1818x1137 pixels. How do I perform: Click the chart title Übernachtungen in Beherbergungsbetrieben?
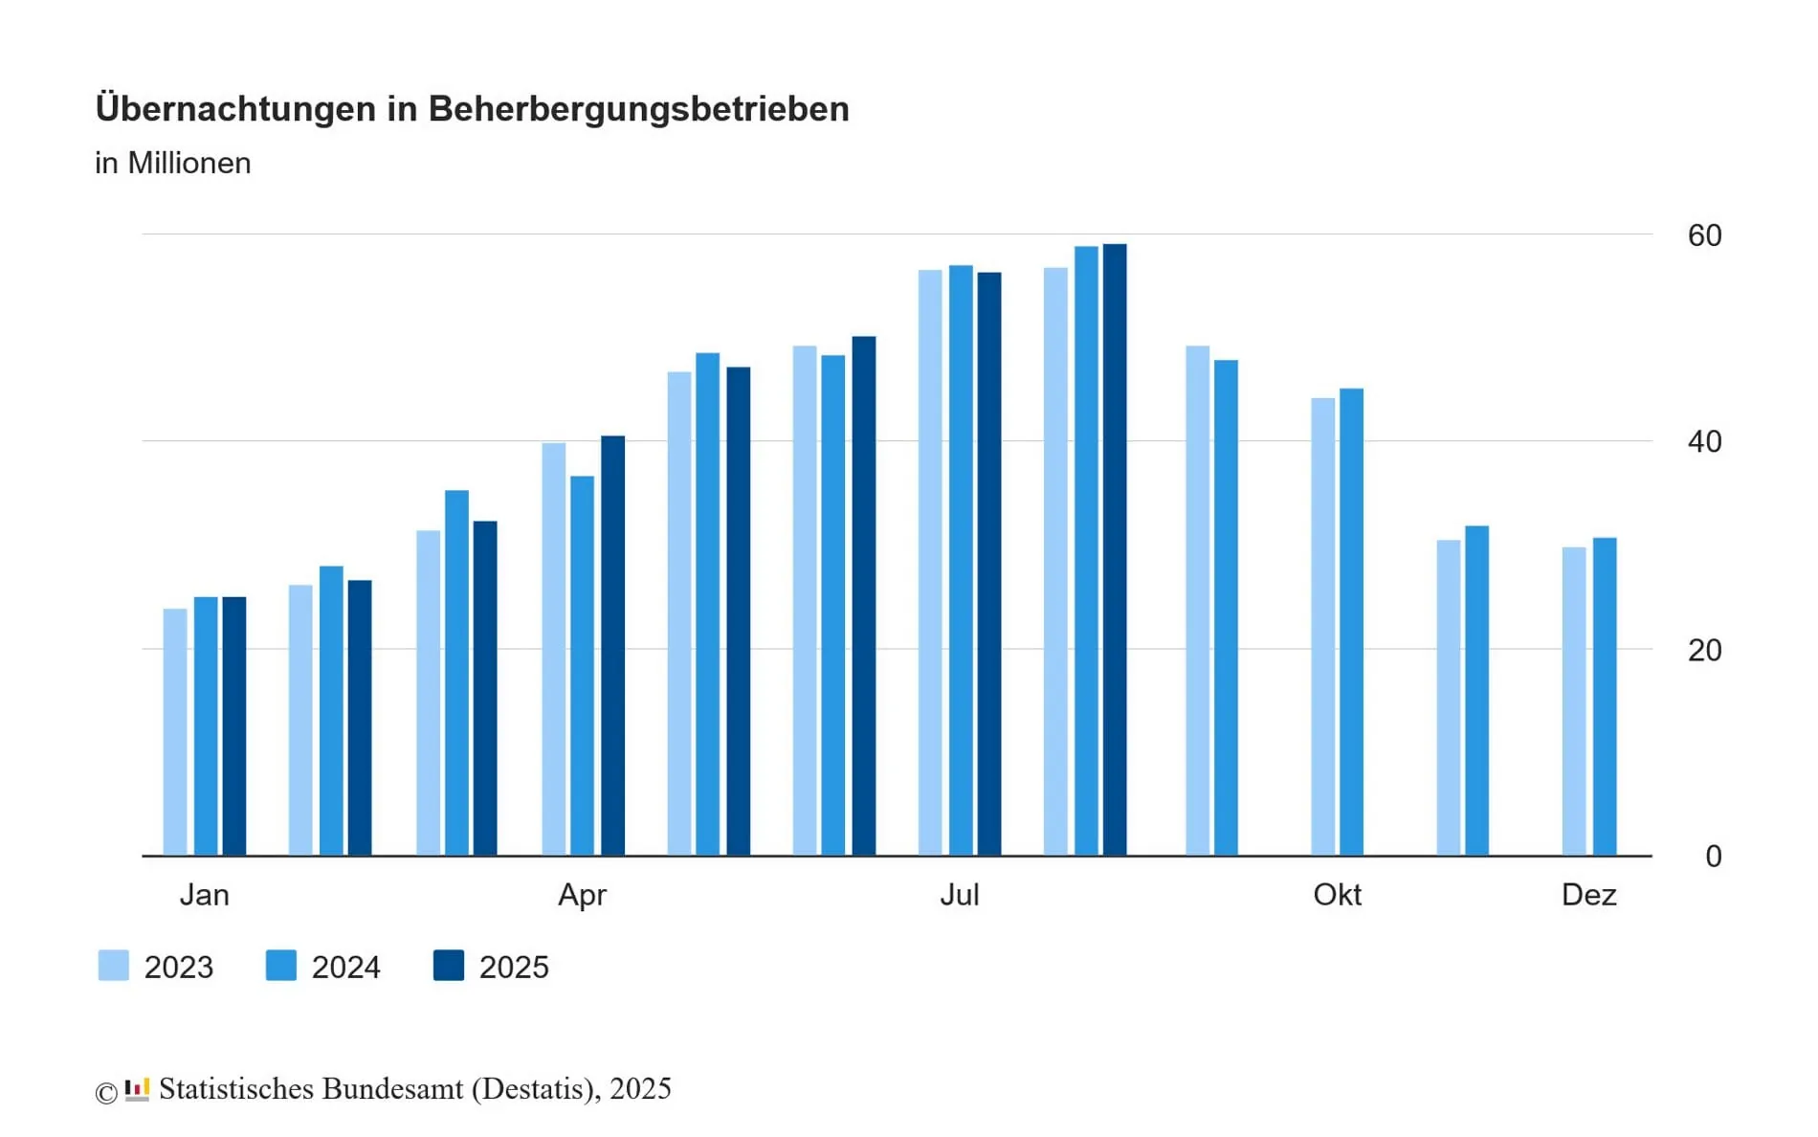(472, 108)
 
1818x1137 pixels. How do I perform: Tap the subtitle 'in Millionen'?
(172, 163)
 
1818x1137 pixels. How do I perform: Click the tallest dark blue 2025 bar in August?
(1114, 549)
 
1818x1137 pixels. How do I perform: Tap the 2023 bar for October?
(1322, 626)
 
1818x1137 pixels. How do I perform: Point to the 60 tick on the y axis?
(1704, 235)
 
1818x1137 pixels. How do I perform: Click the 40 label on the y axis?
(1704, 442)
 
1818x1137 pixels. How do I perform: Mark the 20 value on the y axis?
(1704, 651)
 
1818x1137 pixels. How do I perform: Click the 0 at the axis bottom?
(1713, 857)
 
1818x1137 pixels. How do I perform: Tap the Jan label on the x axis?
(204, 895)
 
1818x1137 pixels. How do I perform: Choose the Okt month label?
(1337, 895)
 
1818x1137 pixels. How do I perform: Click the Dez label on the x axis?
(1588, 895)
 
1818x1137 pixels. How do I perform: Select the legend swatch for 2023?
(114, 966)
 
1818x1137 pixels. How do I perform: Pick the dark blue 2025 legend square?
(449, 966)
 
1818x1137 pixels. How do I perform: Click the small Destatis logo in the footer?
(137, 1089)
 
